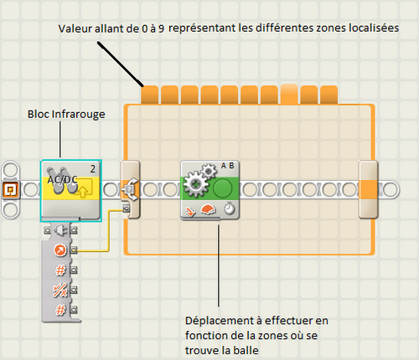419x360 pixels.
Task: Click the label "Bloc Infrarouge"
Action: [66, 115]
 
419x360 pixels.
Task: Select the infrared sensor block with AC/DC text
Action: [70, 191]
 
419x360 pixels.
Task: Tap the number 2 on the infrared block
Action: [93, 169]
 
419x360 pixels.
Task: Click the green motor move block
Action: [209, 190]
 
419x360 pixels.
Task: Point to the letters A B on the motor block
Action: [227, 166]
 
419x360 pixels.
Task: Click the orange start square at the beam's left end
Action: [11, 190]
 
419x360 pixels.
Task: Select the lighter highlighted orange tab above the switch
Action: [289, 94]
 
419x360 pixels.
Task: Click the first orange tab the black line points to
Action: [149, 95]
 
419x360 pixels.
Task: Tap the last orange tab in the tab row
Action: [328, 95]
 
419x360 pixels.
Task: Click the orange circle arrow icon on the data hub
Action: [59, 250]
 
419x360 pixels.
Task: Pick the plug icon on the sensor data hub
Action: [60, 230]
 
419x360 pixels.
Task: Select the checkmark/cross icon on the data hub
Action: [60, 290]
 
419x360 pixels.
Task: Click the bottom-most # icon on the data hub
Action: [60, 310]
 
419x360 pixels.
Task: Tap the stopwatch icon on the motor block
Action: [229, 208]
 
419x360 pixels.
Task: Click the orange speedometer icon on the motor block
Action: [208, 209]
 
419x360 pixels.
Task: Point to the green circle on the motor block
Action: [222, 188]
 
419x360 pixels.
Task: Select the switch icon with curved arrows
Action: [130, 189]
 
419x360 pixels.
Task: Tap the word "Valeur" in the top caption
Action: [75, 28]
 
